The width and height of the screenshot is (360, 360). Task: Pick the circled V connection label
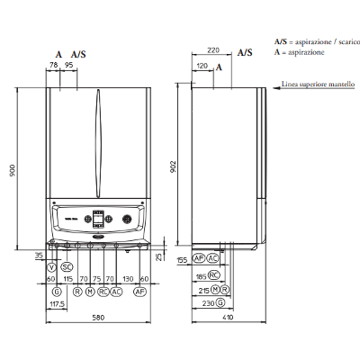click(51, 267)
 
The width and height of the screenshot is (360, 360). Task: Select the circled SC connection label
click(67, 267)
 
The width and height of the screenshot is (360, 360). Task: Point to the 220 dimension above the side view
click(212, 52)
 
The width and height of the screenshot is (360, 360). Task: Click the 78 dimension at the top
click(54, 66)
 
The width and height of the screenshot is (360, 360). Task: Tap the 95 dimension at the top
click(68, 66)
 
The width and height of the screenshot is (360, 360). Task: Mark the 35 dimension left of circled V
click(39, 256)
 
